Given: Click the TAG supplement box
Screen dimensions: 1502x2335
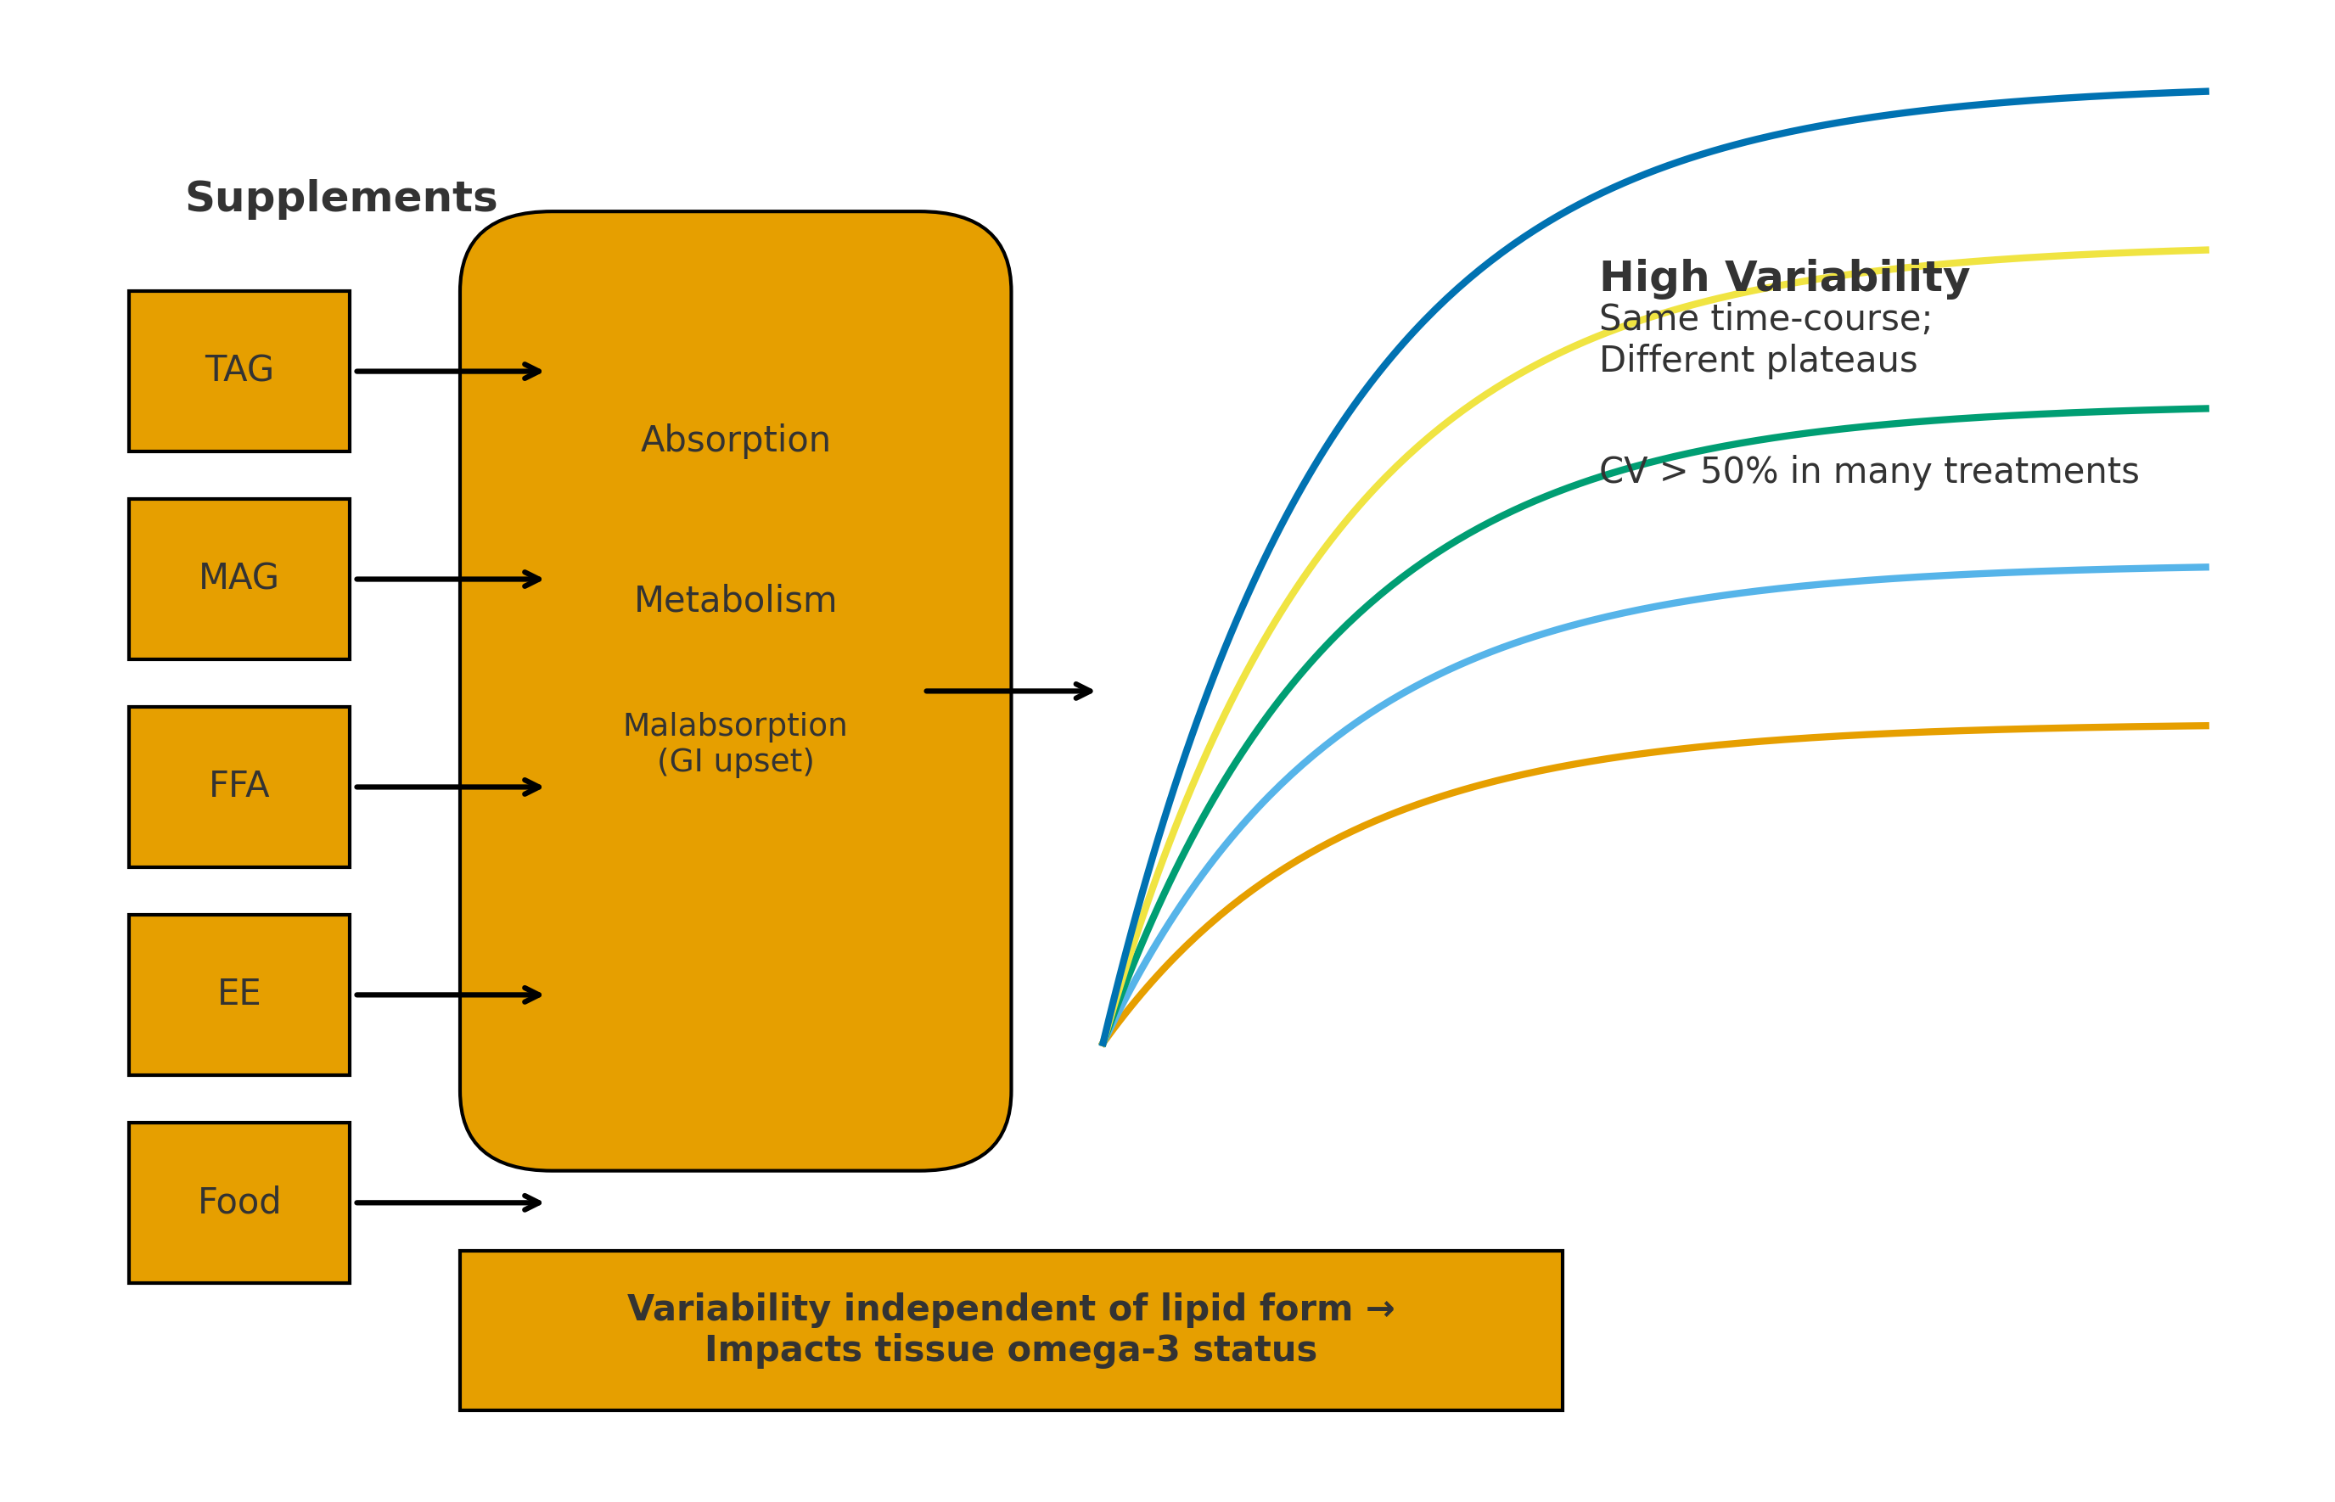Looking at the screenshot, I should point(239,371).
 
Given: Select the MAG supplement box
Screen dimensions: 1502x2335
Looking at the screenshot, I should point(239,579).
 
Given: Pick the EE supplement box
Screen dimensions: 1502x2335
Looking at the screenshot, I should point(239,994).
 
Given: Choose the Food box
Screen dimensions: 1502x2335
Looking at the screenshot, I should point(239,1202).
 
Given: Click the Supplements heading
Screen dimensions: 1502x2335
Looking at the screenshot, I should point(340,198).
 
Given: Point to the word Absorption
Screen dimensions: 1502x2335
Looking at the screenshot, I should point(734,440).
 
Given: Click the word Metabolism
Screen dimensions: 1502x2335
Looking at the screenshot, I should point(734,600).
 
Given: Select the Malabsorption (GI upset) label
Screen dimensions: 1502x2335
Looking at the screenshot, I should point(734,743).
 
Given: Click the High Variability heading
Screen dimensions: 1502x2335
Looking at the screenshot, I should point(1783,278).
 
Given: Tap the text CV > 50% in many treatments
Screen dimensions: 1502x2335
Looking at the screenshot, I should point(1868,471).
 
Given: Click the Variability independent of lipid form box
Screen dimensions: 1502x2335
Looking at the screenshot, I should point(1010,1330).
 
